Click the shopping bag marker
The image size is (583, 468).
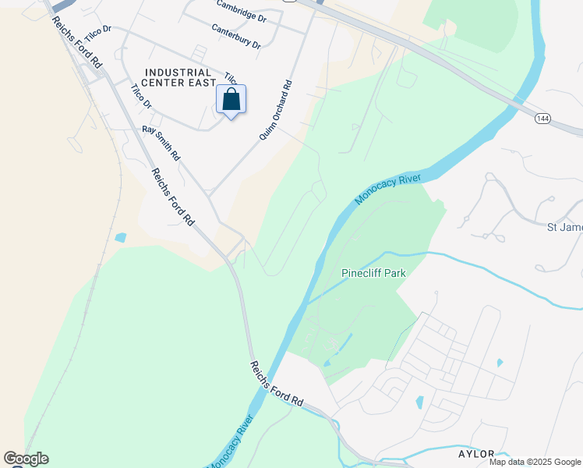click(231, 101)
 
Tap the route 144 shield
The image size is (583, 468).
click(543, 118)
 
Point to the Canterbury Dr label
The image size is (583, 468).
click(235, 36)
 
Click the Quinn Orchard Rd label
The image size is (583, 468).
click(276, 111)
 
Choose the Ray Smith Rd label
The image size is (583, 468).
click(161, 144)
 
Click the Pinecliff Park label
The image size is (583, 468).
click(374, 273)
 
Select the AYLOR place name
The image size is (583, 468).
click(476, 454)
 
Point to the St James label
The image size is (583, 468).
click(564, 227)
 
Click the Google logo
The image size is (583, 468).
click(26, 459)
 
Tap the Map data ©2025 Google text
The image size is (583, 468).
click(535, 462)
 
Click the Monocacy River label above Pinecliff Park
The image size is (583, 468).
click(387, 190)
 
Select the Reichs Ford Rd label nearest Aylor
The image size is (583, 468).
click(277, 383)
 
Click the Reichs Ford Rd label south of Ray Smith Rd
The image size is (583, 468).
click(172, 197)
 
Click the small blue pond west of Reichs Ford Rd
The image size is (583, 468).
click(119, 236)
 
